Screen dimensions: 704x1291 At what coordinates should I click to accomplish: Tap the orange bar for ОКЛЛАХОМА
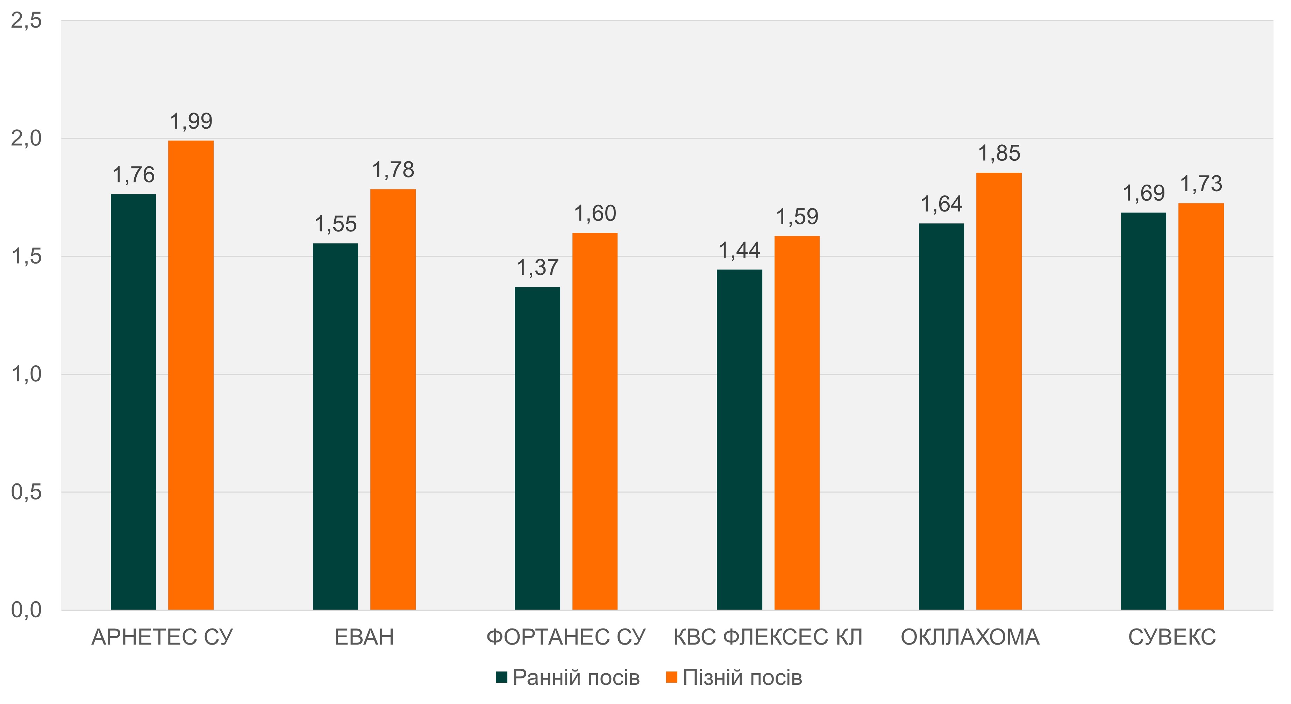click(998, 391)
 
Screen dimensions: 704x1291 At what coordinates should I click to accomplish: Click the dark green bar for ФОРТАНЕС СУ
click(537, 448)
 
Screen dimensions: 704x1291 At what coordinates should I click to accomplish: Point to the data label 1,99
click(191, 121)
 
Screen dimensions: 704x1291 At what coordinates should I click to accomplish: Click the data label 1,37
click(537, 267)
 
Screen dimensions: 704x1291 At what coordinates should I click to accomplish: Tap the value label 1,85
click(999, 153)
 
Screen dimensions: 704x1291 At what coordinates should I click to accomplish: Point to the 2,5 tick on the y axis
click(26, 21)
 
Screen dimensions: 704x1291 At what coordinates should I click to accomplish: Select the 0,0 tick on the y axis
click(26, 610)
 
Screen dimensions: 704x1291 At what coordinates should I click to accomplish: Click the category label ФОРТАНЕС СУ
click(566, 637)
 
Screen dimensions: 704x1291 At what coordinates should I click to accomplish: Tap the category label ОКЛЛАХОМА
click(970, 637)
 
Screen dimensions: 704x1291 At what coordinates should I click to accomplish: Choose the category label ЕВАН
click(364, 637)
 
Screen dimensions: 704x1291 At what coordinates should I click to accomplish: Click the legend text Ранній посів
click(576, 677)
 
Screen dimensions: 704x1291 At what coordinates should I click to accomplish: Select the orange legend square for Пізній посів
click(672, 677)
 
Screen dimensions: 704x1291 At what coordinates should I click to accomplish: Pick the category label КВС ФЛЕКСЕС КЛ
click(768, 637)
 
